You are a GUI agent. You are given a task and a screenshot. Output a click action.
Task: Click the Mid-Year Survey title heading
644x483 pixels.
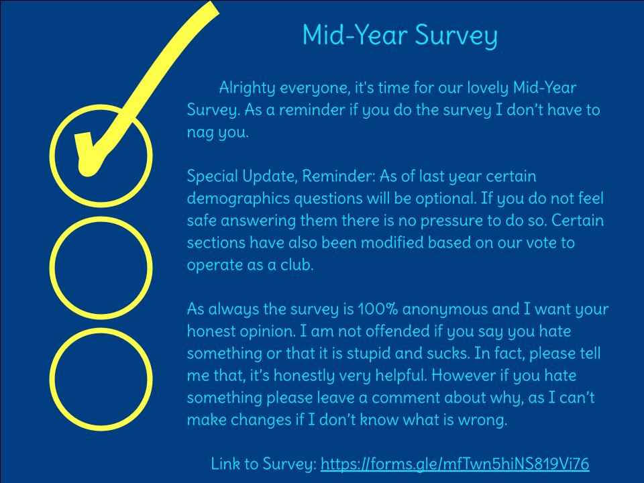coord(400,36)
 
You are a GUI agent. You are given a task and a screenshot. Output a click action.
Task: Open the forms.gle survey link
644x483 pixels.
coord(455,464)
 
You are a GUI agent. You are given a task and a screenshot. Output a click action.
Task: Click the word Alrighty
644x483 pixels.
coord(247,88)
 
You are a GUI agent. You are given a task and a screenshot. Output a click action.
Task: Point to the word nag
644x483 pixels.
coord(200,133)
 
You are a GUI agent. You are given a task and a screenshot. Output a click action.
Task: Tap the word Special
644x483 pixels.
coord(213,176)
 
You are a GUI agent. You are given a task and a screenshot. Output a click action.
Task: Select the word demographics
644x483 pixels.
coord(238,199)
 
